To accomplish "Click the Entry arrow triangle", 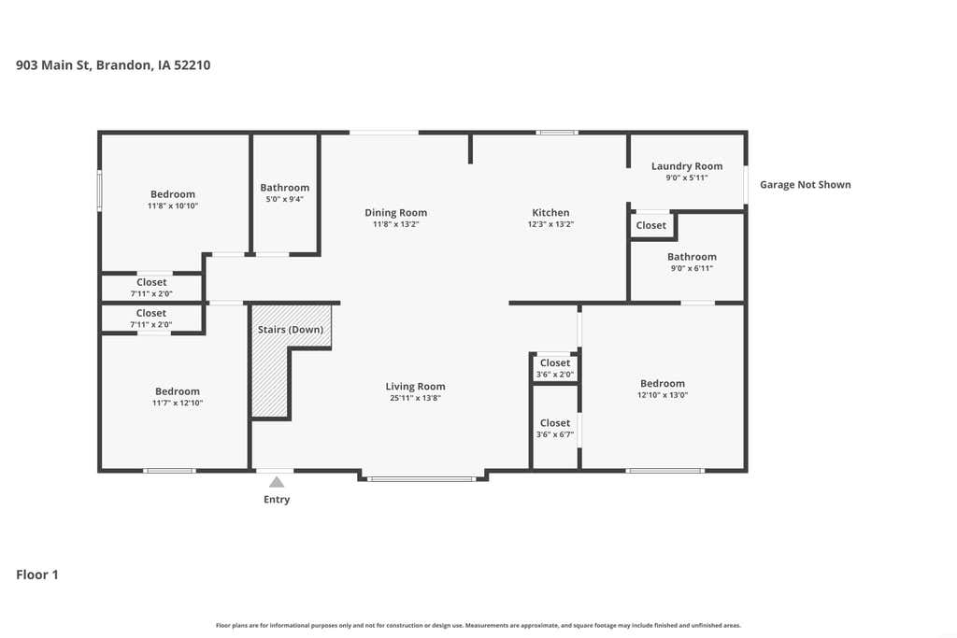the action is click(x=277, y=482).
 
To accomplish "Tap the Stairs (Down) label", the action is click(x=291, y=330).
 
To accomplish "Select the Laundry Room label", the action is click(x=687, y=166).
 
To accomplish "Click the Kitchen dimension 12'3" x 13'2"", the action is click(x=550, y=224).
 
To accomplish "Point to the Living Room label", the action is click(x=415, y=386).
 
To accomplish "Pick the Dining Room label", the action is click(x=395, y=213).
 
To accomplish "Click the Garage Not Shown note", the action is click(x=805, y=184).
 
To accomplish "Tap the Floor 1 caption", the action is click(x=37, y=574).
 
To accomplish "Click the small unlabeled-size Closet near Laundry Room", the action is click(x=651, y=225).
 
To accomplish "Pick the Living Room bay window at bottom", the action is click(x=421, y=479).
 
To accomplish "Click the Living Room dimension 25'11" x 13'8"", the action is click(x=415, y=398).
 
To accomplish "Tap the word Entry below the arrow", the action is click(x=277, y=500).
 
